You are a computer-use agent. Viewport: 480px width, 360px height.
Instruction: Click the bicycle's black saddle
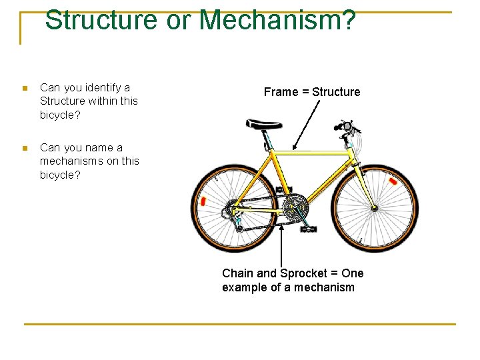(264, 123)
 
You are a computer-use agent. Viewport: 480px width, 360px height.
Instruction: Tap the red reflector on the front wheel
(393, 181)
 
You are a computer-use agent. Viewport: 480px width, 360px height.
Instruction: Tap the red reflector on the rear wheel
(203, 201)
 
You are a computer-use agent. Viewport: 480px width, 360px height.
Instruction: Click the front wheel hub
(375, 207)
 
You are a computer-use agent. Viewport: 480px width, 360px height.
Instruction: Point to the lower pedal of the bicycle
(308, 229)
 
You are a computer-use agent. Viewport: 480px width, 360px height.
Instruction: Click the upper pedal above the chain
(283, 190)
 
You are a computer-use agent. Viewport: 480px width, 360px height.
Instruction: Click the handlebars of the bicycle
(348, 127)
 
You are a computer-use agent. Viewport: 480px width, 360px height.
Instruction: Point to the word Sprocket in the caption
(303, 273)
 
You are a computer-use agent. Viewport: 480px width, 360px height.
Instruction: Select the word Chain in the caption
(237, 273)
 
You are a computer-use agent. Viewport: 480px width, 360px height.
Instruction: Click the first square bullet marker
(25, 88)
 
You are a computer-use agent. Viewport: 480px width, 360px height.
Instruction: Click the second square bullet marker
(25, 148)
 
